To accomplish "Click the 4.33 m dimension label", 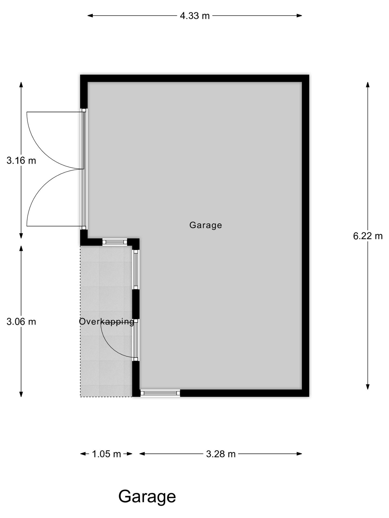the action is click(195, 16).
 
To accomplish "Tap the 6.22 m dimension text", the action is click(368, 236).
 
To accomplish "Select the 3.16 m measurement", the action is click(21, 161).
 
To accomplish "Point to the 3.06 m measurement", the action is click(21, 322).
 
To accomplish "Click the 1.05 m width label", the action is click(106, 454).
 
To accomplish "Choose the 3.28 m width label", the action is click(221, 454).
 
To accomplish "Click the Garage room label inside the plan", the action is click(206, 225).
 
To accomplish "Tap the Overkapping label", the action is click(106, 322).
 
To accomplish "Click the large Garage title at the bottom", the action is click(147, 497).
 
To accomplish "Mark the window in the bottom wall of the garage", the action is click(160, 393).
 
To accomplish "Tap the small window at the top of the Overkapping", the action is click(115, 242).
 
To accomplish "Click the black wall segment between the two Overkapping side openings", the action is click(136, 304).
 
